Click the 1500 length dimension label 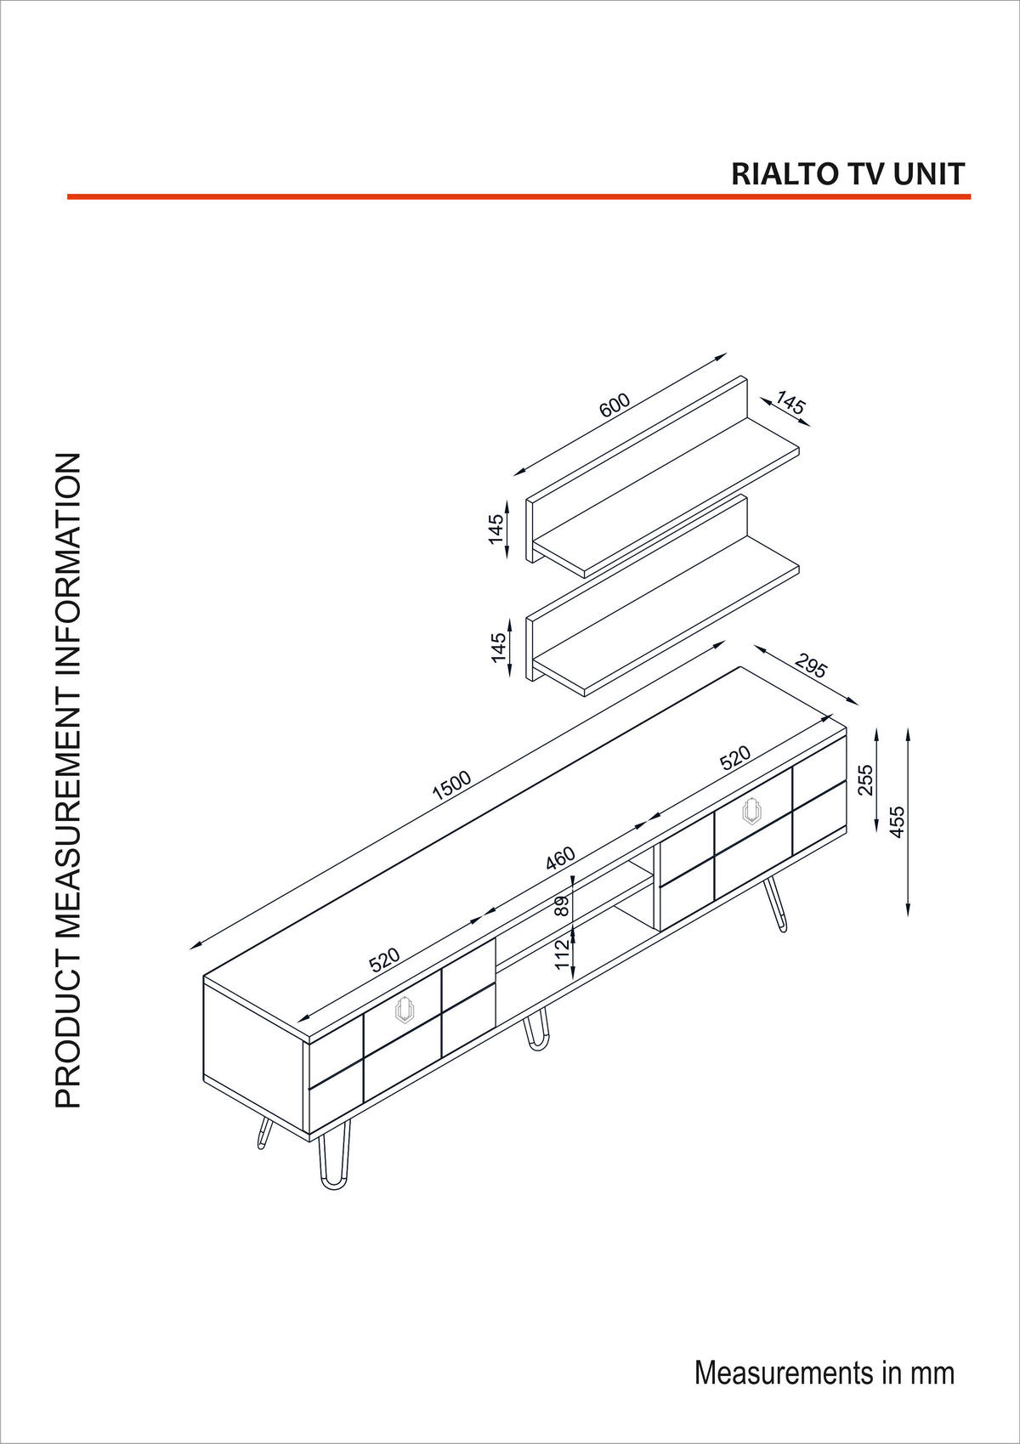[x=451, y=785]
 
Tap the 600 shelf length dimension [x=615, y=405]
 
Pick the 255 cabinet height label [x=865, y=779]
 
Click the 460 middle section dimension [x=560, y=859]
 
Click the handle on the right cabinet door [x=751, y=811]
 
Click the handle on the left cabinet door [x=404, y=1010]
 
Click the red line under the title [x=518, y=197]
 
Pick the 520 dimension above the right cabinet [x=735, y=757]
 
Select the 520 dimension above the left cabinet [x=384, y=960]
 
